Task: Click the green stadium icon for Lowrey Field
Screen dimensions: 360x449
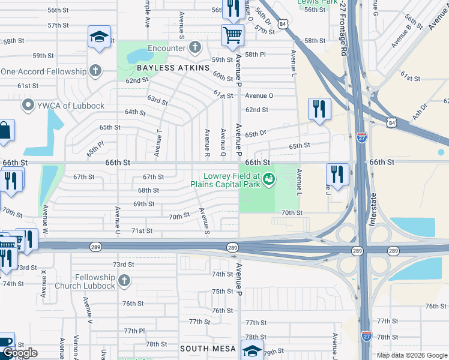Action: (270, 178)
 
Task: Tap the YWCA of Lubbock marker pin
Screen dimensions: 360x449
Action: (27, 106)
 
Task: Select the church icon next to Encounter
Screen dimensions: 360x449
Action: (194, 47)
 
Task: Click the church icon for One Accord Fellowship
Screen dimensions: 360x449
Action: (94, 71)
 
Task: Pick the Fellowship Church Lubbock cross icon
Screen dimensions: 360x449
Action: (124, 281)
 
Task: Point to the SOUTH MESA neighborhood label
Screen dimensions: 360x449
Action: (208, 348)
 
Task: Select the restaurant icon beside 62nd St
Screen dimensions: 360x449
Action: (319, 109)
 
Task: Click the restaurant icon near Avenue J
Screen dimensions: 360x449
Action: (338, 175)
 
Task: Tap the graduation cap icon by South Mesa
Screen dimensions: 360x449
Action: (252, 350)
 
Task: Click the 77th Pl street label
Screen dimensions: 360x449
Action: (134, 331)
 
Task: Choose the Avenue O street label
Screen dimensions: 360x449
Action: (259, 95)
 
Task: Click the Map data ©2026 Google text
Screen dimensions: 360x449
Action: (411, 355)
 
